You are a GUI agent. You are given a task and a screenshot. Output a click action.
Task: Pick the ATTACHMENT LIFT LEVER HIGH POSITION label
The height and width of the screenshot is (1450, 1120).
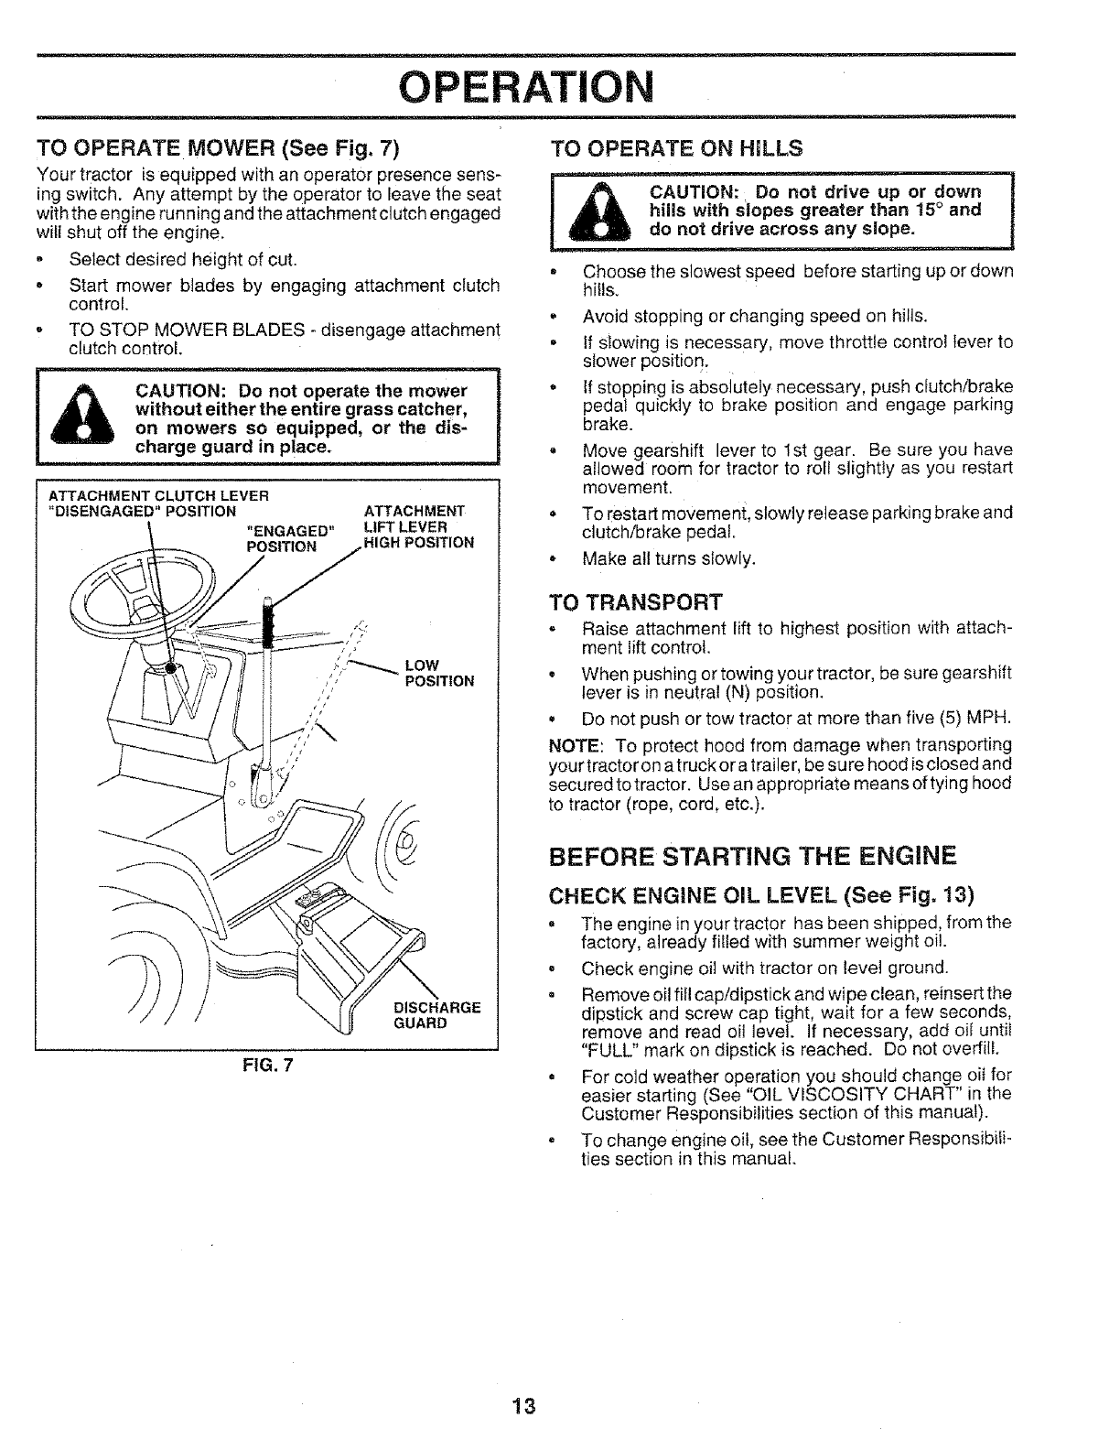[x=417, y=525]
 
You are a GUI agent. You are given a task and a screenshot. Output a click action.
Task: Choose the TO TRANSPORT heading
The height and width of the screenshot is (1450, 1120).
[x=635, y=602]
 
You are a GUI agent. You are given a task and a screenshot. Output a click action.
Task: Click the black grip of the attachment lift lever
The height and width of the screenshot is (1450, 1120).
[x=269, y=622]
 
